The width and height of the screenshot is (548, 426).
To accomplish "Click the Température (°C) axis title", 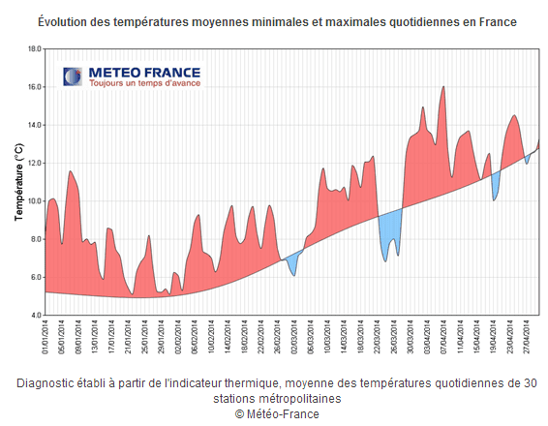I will click(17, 181).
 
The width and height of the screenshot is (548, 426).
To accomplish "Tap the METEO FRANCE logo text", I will click(144, 73).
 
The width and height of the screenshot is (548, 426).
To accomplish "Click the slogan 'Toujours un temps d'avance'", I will click(144, 84).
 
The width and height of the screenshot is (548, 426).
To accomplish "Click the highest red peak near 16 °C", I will click(443, 88).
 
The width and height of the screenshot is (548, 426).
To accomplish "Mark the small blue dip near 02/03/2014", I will click(292, 268).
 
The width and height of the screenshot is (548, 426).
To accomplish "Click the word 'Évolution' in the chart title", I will click(67, 21).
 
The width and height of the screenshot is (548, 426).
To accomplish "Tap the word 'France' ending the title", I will click(495, 21).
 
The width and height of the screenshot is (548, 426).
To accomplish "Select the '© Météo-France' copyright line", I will click(276, 413).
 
